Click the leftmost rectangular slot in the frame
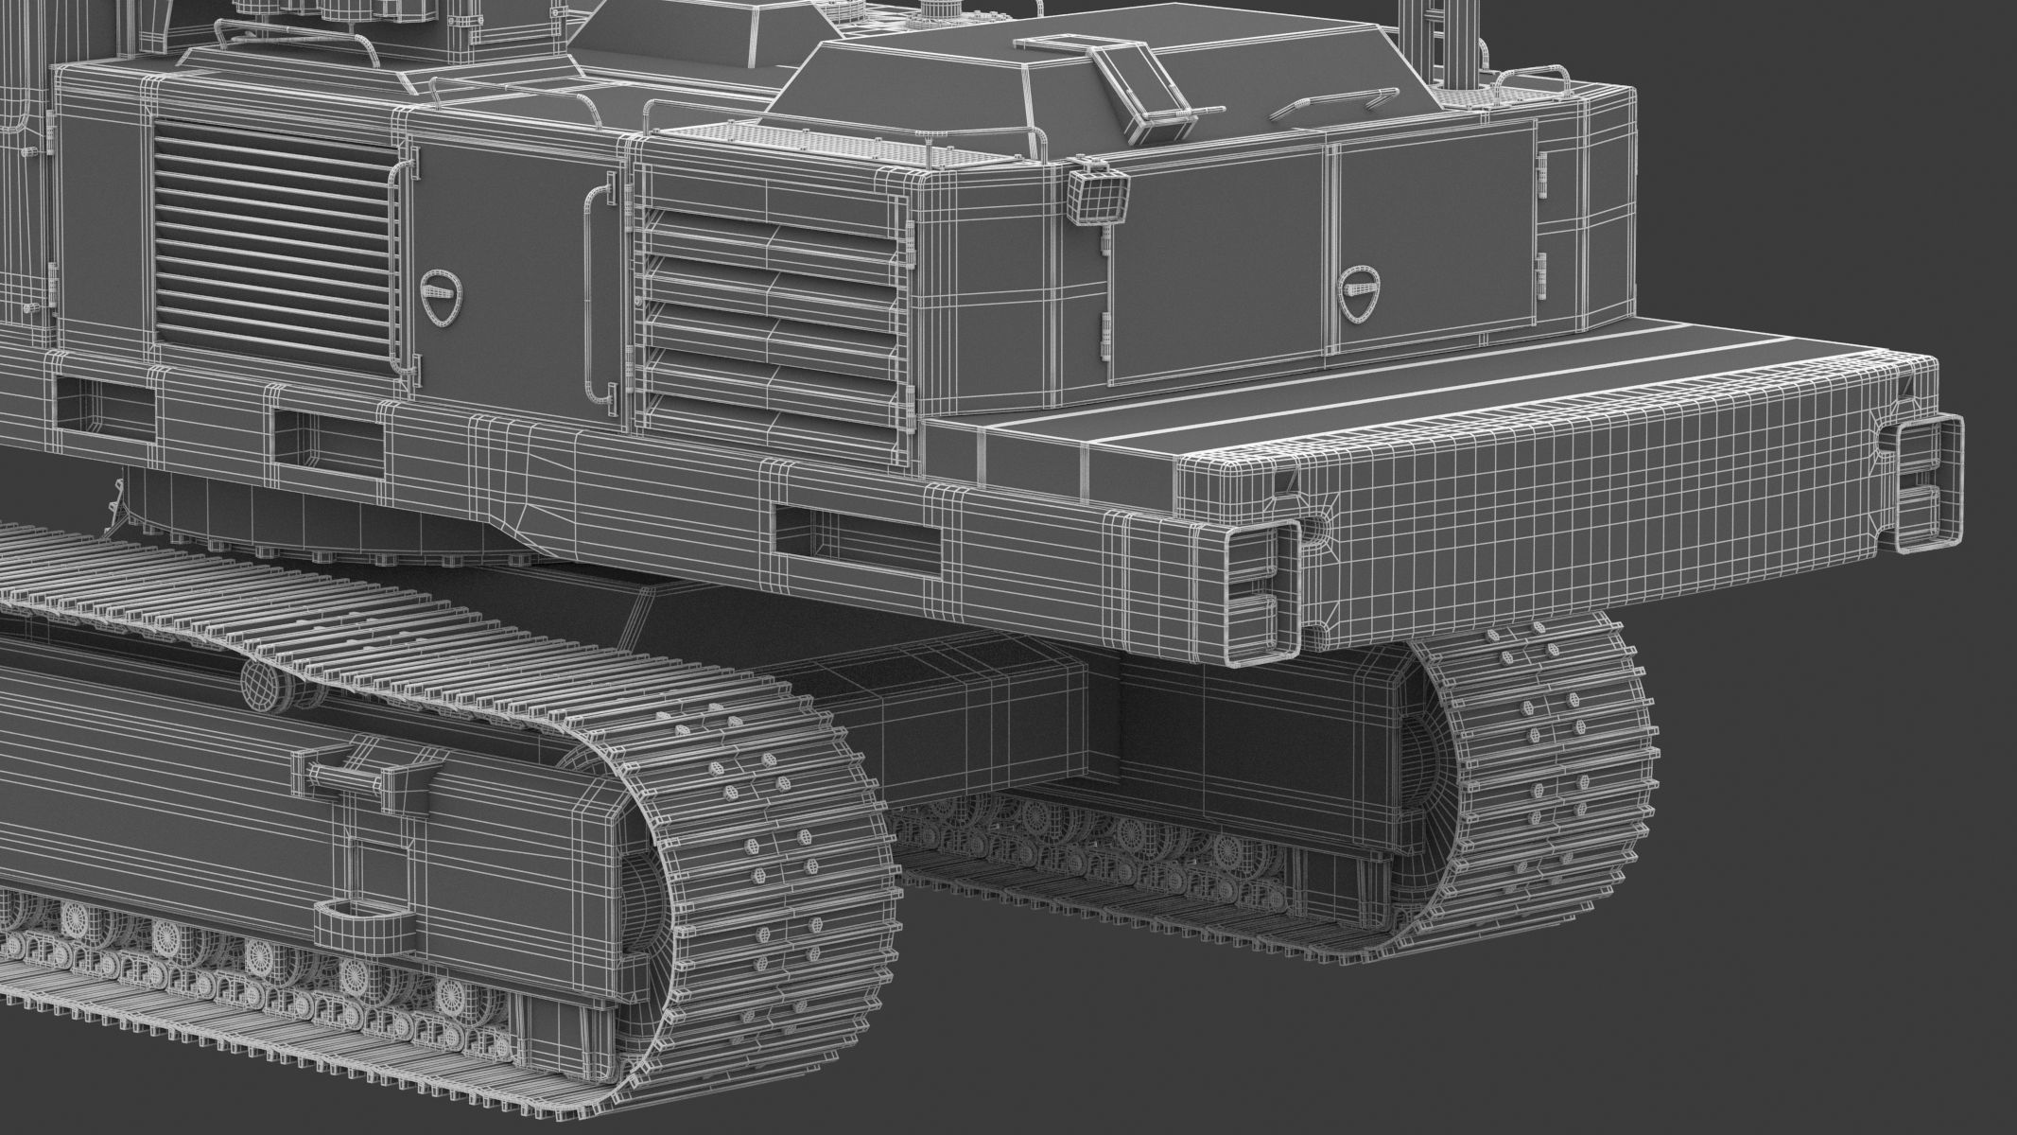tap(104, 413)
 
